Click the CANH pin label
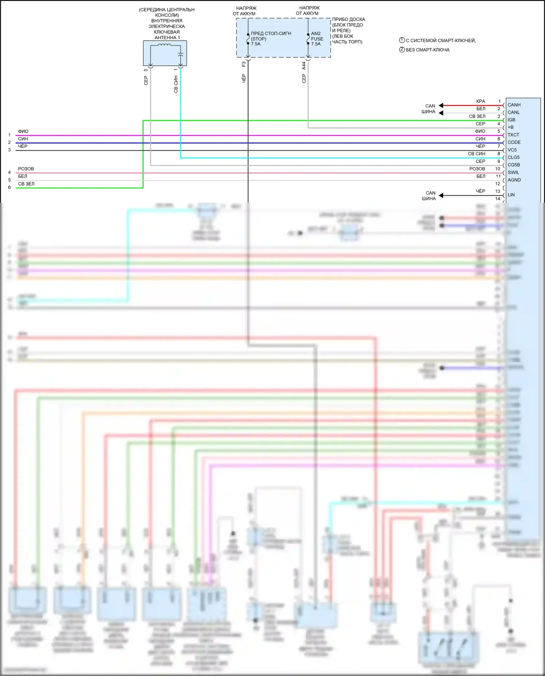514,105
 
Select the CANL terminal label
513,112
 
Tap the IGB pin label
511,120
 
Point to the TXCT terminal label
513,135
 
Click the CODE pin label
514,142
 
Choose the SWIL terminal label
513,173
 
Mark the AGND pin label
514,180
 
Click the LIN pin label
511,195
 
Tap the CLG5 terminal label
513,157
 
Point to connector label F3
244,64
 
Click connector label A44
304,66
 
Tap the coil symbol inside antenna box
164,45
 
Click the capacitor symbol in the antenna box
181,54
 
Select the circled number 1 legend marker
402,40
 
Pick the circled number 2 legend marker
402,50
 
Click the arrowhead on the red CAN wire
441,106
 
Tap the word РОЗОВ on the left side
26,169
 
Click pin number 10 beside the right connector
497,169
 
